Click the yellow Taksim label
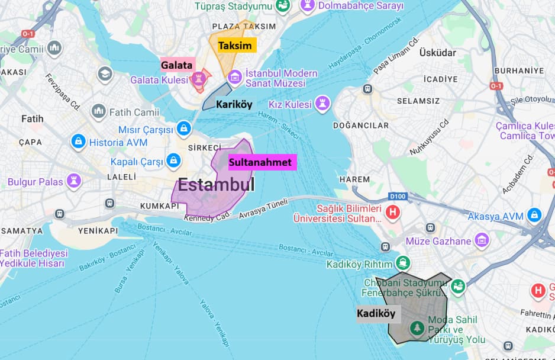point(235,46)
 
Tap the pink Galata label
point(176,65)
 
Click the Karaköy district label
point(234,104)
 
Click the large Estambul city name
point(216,185)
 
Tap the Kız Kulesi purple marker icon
point(322,103)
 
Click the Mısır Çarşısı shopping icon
point(184,128)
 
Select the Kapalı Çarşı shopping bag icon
point(173,160)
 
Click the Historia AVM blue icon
point(78,142)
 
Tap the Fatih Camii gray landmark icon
point(98,111)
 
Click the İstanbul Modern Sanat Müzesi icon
point(235,77)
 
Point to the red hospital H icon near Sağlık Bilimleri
point(392,211)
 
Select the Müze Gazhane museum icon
point(482,240)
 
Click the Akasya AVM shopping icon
point(534,215)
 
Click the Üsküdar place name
point(437,53)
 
